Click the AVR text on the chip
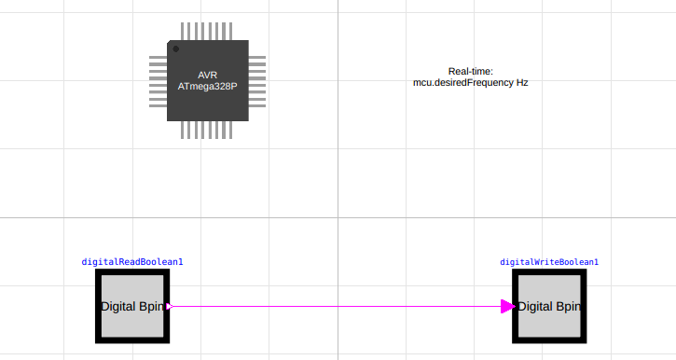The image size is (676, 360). tap(207, 75)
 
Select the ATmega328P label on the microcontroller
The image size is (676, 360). tap(207, 86)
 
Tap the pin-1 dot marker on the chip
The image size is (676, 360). tap(175, 48)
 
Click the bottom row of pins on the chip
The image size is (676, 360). tap(207, 131)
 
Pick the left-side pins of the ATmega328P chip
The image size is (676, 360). tap(158, 81)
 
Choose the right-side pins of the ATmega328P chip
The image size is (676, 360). tap(257, 81)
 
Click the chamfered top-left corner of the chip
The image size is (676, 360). tap(170, 43)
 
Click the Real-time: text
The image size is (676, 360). tap(470, 71)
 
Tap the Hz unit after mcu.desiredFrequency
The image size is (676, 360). tap(522, 82)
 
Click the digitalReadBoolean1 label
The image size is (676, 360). tap(132, 262)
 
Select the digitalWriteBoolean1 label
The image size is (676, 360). tap(549, 262)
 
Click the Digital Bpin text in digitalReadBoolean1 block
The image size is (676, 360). tap(133, 306)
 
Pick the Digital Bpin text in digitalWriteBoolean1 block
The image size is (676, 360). tap(550, 306)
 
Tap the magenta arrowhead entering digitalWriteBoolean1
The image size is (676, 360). tap(507, 306)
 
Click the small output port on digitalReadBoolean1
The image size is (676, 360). tap(169, 306)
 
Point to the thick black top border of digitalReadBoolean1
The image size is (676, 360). tap(132, 272)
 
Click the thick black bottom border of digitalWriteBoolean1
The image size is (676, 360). tap(550, 339)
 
